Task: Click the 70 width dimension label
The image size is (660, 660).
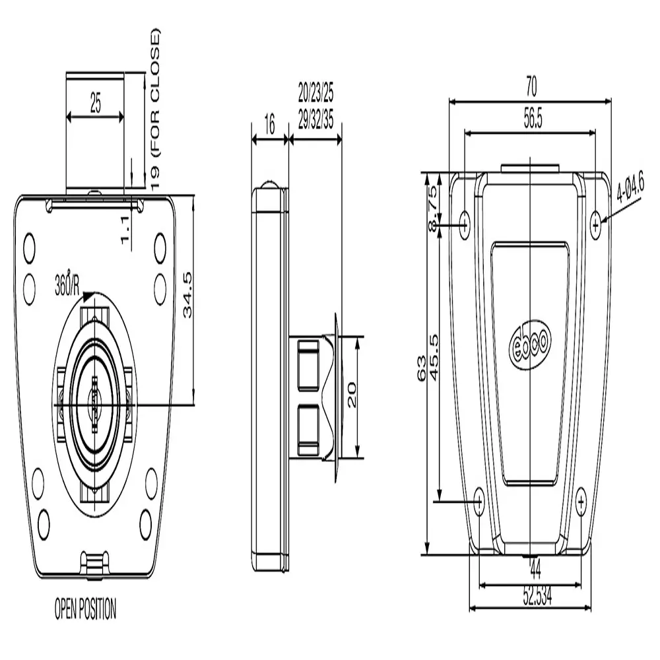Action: (x=531, y=86)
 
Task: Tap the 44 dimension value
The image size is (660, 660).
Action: (x=535, y=566)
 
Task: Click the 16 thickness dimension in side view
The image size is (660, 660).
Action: (x=269, y=125)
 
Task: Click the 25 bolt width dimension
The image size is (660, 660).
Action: (x=96, y=104)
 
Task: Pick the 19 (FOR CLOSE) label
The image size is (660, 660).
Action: (x=155, y=109)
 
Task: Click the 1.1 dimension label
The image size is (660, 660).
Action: (x=125, y=231)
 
